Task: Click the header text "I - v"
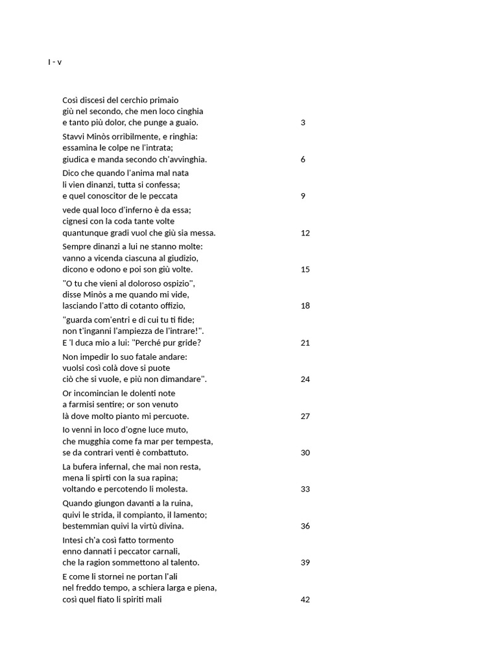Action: (x=54, y=62)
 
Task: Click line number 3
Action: (x=303, y=123)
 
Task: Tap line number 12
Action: (x=305, y=233)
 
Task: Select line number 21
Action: (x=305, y=343)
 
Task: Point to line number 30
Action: (x=305, y=453)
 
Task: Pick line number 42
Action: (x=305, y=600)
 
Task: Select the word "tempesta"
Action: (x=196, y=442)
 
